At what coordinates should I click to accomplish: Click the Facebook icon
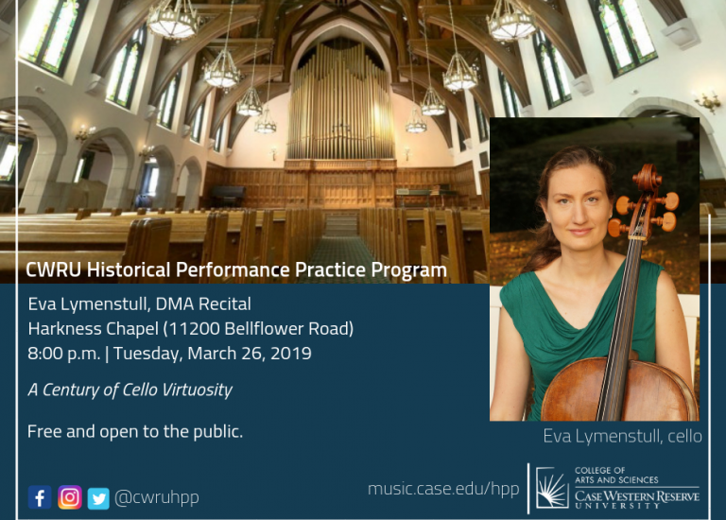(x=40, y=497)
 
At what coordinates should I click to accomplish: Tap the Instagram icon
(x=70, y=497)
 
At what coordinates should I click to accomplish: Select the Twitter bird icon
(x=98, y=498)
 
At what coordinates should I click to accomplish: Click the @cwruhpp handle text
(x=157, y=497)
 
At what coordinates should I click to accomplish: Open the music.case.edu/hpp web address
(x=443, y=489)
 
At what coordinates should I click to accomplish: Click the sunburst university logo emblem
(x=552, y=488)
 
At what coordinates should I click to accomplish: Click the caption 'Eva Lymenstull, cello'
(x=622, y=436)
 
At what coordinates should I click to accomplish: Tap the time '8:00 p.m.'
(x=64, y=354)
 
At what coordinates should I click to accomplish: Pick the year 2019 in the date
(x=291, y=354)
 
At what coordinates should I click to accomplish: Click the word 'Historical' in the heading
(x=130, y=270)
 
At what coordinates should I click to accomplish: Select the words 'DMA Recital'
(x=203, y=304)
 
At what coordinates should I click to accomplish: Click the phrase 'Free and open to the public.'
(x=135, y=431)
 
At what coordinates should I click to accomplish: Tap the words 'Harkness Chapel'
(x=94, y=329)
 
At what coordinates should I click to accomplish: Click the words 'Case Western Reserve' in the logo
(x=637, y=497)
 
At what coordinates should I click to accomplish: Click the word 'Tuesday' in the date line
(x=148, y=354)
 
